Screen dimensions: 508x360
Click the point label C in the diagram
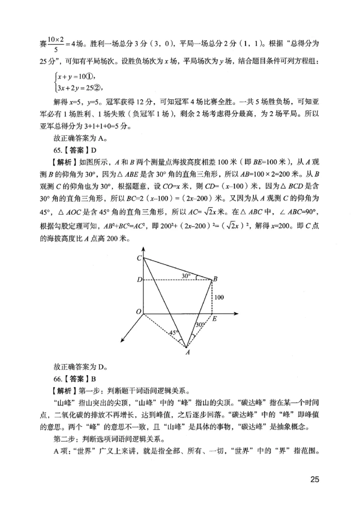click(x=139, y=258)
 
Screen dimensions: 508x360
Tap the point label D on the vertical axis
click(x=139, y=280)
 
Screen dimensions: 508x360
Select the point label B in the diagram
click(x=216, y=279)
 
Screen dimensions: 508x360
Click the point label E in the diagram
click(x=215, y=319)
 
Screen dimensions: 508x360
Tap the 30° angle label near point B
click(x=186, y=275)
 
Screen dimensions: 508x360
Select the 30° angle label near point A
click(x=200, y=325)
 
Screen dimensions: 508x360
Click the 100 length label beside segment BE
click(x=219, y=297)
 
